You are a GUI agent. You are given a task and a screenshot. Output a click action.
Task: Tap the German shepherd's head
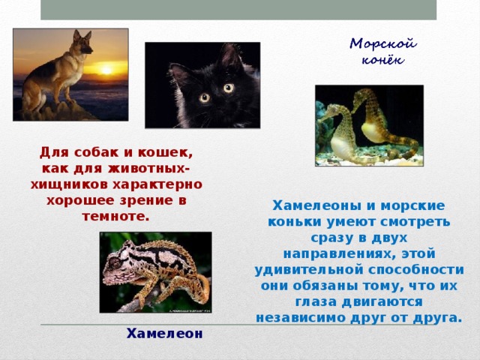coord(81,43)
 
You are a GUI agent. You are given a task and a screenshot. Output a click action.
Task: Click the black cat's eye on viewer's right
coord(228,88)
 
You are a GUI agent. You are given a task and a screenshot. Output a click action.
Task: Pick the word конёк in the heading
coord(377,60)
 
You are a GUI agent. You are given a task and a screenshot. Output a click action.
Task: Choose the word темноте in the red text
coord(116,217)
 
